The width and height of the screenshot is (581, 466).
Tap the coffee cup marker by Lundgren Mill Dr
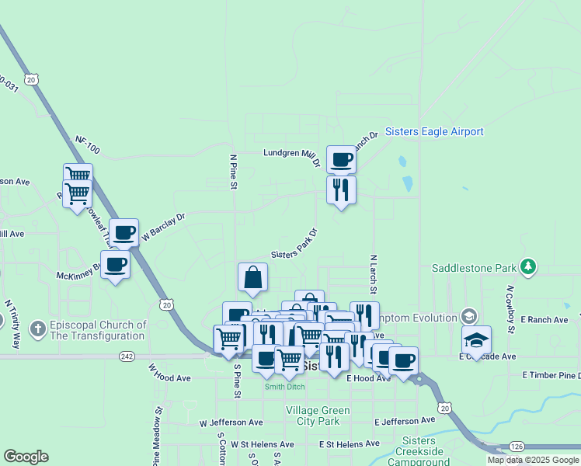point(341,159)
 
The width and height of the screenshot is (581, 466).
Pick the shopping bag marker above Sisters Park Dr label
point(253,277)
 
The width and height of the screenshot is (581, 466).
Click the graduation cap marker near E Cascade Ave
point(476,339)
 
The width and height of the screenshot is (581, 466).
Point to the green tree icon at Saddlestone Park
point(528,268)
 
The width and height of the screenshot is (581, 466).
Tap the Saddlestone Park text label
point(475,268)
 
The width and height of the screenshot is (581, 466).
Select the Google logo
point(26,457)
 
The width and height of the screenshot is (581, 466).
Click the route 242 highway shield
point(127,356)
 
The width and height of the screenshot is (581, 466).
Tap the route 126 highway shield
point(517,446)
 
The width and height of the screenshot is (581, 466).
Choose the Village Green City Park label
point(312,416)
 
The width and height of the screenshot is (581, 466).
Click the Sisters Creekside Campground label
point(419,451)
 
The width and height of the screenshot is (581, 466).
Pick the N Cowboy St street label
point(510,309)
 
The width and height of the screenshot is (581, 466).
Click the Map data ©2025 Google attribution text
point(533,460)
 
